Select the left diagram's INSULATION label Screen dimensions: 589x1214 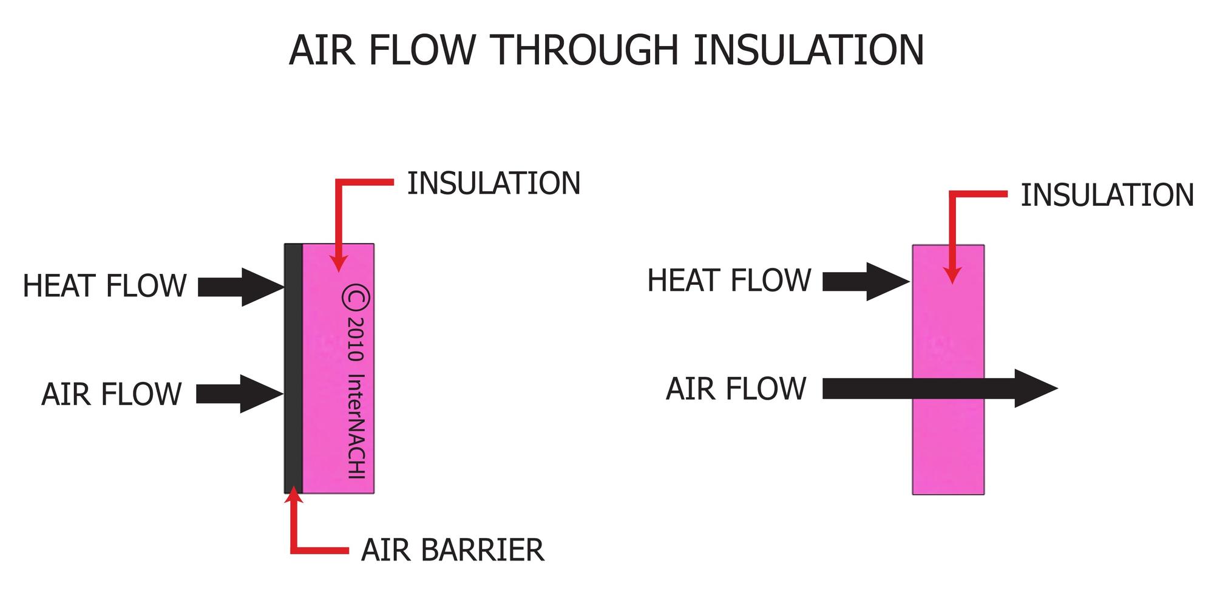(x=493, y=183)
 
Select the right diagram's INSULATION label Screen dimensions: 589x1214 (x=1107, y=196)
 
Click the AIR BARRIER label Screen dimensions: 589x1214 (x=452, y=550)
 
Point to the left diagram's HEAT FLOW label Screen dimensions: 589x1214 (x=104, y=286)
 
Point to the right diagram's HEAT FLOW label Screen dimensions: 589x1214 (x=729, y=281)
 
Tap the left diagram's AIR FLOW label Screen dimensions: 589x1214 (x=112, y=394)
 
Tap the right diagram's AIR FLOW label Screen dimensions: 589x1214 (x=736, y=389)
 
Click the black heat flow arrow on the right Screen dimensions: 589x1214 (x=865, y=281)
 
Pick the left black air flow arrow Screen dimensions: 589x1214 (x=239, y=394)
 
